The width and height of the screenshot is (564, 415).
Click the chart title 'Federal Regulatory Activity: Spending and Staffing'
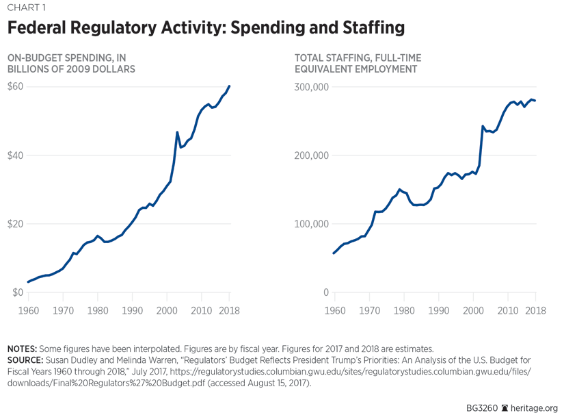pos(206,28)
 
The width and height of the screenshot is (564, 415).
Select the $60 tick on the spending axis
pos(15,87)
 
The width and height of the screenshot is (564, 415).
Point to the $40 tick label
pos(15,155)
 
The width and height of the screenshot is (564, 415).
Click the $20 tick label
pos(15,224)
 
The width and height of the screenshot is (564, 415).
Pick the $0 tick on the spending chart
pos(15,292)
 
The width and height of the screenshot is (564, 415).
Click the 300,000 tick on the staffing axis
pos(312,87)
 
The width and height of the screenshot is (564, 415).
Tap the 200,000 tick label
pos(312,155)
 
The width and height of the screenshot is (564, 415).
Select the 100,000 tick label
pos(312,224)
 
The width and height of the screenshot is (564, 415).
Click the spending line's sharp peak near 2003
pos(177,132)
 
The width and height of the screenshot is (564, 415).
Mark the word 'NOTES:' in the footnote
pos(25,349)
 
